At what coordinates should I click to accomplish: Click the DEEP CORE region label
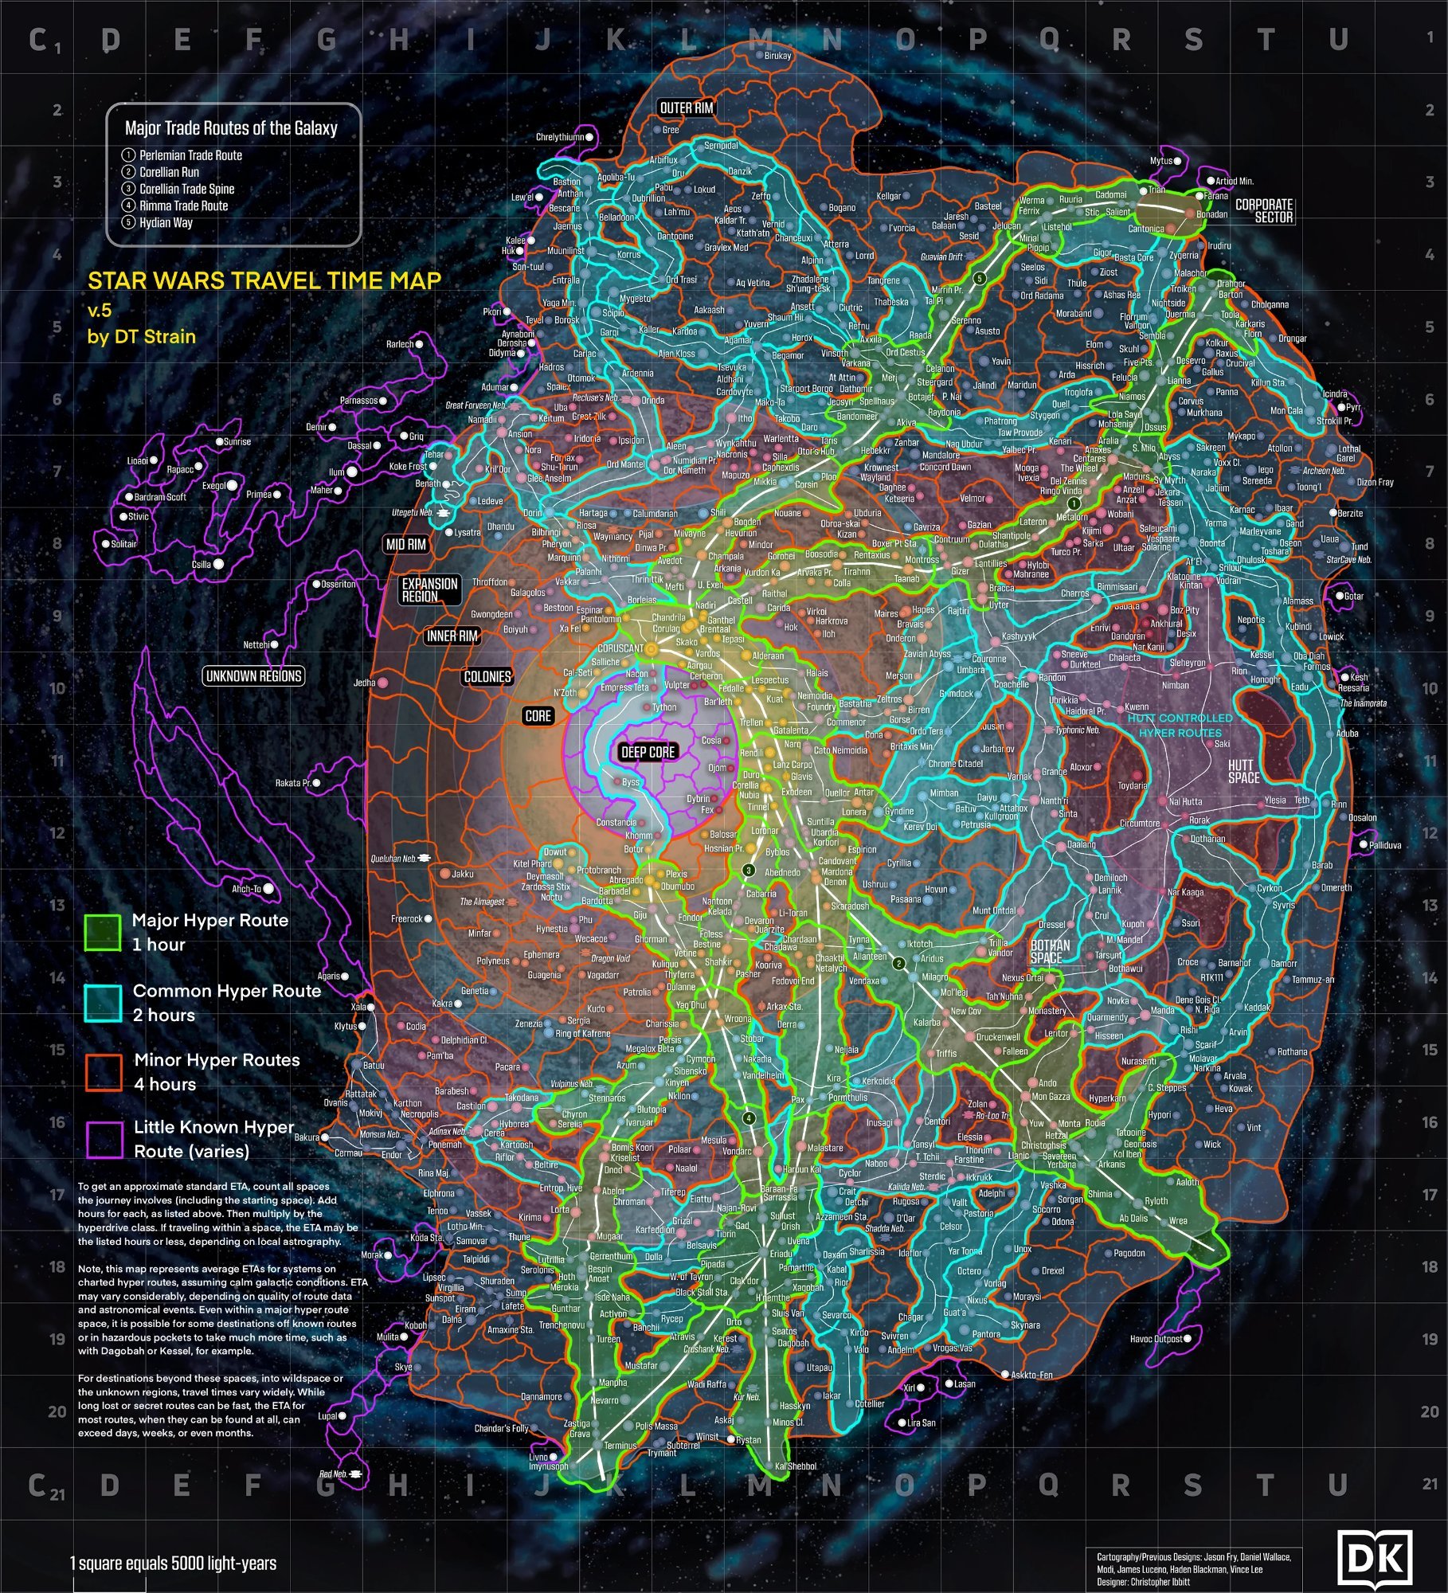(648, 752)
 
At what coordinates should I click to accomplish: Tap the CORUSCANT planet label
(620, 648)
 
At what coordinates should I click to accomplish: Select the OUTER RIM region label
(687, 108)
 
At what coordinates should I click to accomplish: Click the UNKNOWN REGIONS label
(253, 676)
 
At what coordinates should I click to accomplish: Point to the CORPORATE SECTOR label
(1263, 210)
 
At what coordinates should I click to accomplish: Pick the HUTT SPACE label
(1243, 771)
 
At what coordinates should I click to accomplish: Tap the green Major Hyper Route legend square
(103, 932)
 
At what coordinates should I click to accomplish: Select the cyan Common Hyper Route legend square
(103, 1003)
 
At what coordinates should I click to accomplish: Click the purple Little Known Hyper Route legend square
(104, 1139)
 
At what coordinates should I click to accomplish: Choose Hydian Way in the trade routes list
(166, 222)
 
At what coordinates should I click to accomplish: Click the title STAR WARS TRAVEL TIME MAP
(264, 280)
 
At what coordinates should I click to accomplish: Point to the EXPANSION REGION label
(429, 589)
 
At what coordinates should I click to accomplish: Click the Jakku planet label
(462, 874)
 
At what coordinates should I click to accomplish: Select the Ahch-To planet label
(246, 889)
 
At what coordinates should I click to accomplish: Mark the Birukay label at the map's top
(777, 56)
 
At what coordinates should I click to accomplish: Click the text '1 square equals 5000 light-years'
(173, 1563)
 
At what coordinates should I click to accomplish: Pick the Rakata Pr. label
(292, 783)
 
